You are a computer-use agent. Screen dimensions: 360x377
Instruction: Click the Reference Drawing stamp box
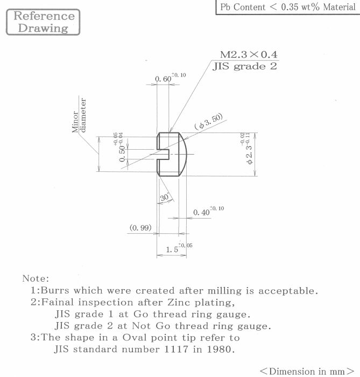[43, 22]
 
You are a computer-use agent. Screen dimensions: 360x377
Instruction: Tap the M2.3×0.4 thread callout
[249, 54]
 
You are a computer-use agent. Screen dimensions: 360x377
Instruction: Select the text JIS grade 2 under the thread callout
[245, 66]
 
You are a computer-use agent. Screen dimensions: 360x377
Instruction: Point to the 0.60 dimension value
[163, 79]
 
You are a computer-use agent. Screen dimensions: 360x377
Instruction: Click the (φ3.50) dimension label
[208, 122]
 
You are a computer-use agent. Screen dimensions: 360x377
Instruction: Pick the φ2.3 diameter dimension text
[249, 154]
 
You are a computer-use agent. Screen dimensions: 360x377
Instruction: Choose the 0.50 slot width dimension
[122, 153]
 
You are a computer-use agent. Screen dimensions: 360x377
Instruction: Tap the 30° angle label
[165, 198]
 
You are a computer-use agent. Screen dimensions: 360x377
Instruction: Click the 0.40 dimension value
[201, 213]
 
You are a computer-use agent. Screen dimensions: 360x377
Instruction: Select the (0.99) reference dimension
[140, 227]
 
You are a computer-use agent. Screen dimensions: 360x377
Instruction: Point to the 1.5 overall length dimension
[172, 249]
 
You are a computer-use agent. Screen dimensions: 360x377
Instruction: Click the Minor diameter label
[79, 115]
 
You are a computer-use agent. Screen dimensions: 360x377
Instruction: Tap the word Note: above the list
[36, 278]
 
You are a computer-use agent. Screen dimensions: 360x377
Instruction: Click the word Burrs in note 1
[55, 290]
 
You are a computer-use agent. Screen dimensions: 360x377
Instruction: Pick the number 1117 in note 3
[176, 349]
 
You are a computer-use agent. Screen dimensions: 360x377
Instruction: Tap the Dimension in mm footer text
[307, 371]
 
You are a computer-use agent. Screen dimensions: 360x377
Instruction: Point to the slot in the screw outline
[163, 154]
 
